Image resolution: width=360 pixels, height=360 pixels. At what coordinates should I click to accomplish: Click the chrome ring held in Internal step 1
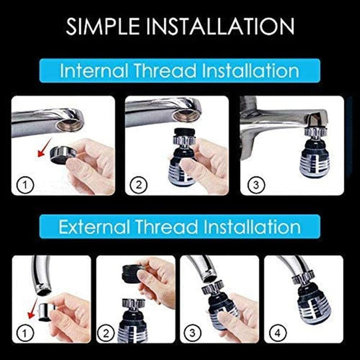tap(59, 154)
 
